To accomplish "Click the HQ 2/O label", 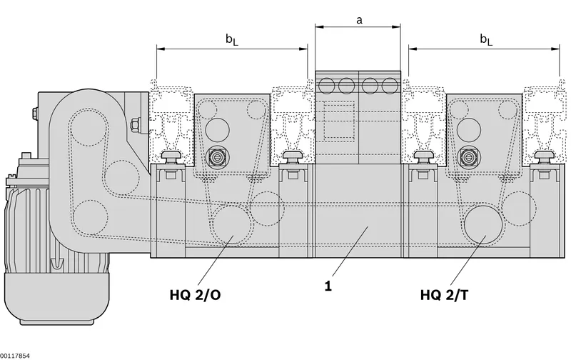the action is pyautogui.click(x=195, y=295).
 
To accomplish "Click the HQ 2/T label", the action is pyautogui.click(x=444, y=295).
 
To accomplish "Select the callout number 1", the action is pyautogui.click(x=328, y=286).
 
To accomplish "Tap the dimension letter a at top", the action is pyautogui.click(x=359, y=20).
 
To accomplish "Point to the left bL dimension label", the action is pyautogui.click(x=231, y=39).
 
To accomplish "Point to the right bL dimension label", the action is pyautogui.click(x=486, y=39).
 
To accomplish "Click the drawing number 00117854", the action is pyautogui.click(x=15, y=356).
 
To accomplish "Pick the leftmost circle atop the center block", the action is pyautogui.click(x=327, y=86).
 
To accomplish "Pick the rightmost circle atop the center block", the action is pyautogui.click(x=390, y=86).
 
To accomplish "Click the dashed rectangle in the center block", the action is pyautogui.click(x=339, y=121).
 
